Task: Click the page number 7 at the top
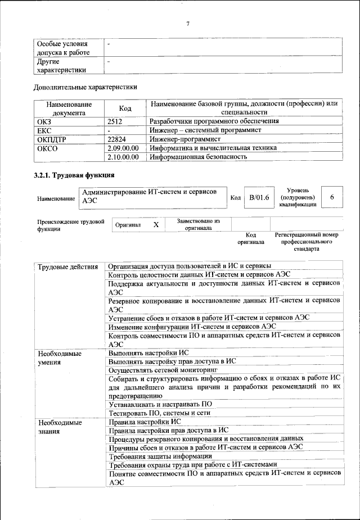188,23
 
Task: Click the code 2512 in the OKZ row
115,121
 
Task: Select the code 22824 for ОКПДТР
116,139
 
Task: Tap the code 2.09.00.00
123,148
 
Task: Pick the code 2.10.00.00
123,157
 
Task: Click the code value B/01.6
259,197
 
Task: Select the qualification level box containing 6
332,197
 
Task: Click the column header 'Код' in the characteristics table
125,108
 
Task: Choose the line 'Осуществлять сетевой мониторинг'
163,370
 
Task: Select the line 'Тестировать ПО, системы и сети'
160,413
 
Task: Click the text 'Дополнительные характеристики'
85,87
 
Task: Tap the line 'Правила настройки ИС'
145,421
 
